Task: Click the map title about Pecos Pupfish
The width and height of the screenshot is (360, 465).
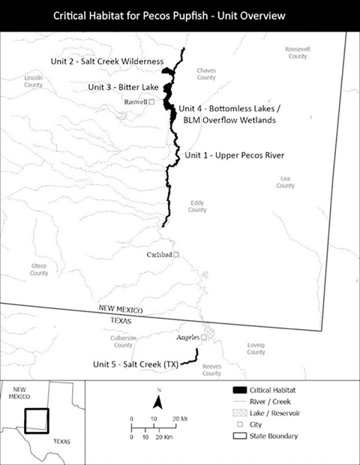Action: click(x=180, y=14)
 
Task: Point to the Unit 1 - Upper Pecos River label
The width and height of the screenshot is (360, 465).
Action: click(x=235, y=155)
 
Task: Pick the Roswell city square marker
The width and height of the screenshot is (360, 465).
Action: click(x=152, y=101)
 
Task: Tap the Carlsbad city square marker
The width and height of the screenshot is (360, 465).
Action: click(x=177, y=255)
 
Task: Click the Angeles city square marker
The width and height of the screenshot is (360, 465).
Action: click(x=203, y=337)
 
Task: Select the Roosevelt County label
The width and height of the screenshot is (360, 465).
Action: click(x=297, y=52)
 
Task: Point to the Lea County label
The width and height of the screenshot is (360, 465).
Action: click(x=285, y=181)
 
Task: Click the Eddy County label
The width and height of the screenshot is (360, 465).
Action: click(x=197, y=205)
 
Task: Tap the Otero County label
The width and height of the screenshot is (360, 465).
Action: click(x=39, y=269)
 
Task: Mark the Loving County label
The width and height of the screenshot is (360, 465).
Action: click(x=256, y=348)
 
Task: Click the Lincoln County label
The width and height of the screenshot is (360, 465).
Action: click(x=33, y=81)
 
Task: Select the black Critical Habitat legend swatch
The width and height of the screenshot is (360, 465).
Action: click(x=241, y=391)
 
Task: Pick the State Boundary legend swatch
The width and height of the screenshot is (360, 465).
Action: click(x=241, y=436)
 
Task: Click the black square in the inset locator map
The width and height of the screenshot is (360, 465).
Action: click(x=36, y=420)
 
